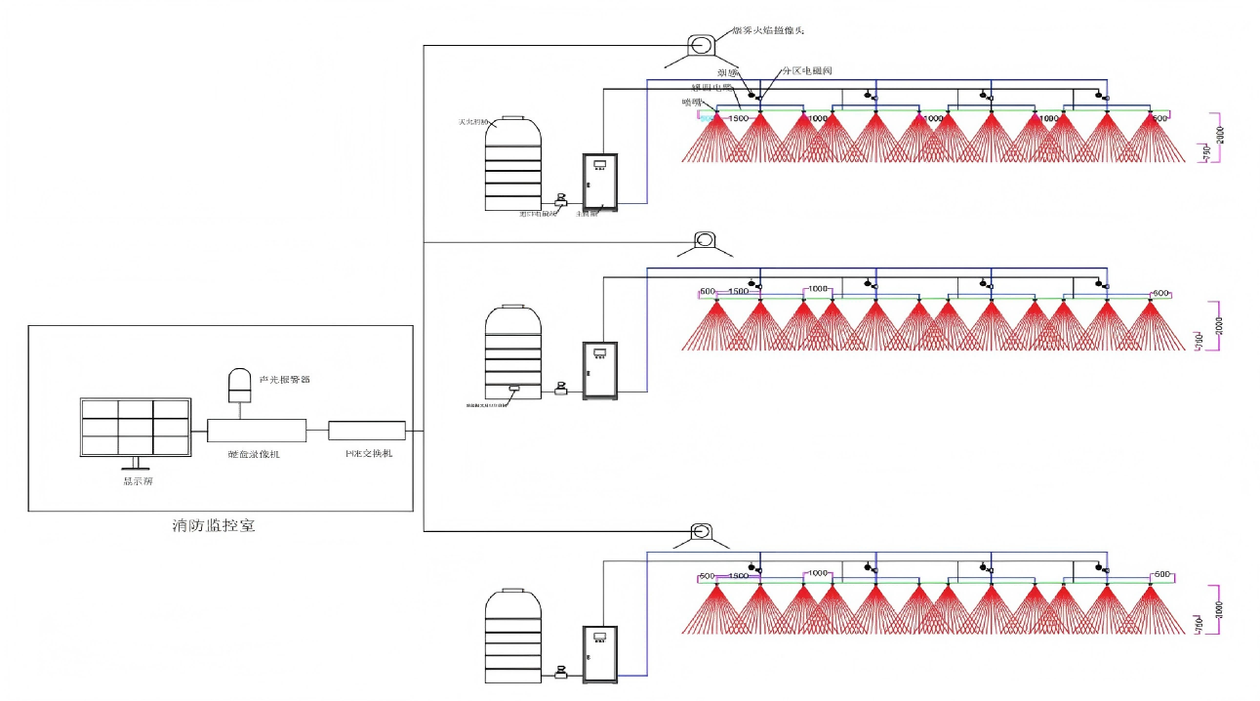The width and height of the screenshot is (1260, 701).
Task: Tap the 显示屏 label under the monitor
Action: point(130,480)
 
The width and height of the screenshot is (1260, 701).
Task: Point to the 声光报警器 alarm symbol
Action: point(239,385)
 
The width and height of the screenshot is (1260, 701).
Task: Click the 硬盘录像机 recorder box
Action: point(257,431)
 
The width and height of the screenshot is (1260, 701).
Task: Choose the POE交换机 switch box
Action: point(366,430)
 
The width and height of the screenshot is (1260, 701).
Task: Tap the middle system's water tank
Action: point(513,351)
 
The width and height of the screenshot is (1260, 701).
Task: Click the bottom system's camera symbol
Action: point(700,531)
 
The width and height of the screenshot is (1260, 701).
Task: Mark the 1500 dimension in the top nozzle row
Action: point(739,118)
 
